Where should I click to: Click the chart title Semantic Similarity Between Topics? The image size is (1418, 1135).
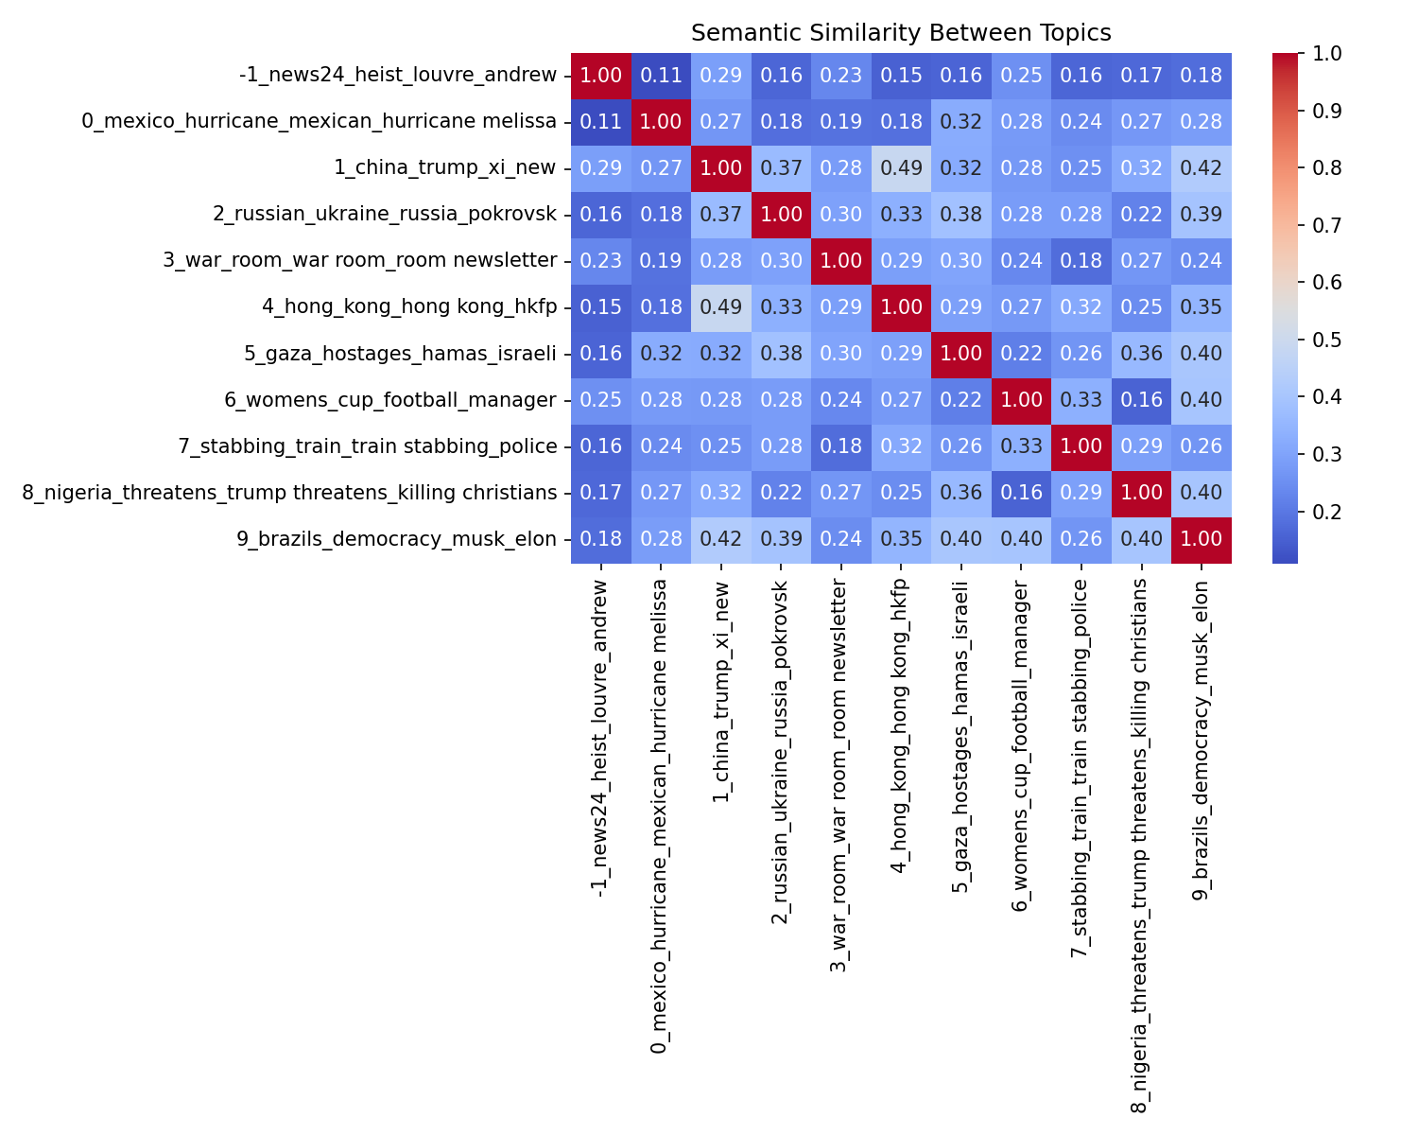[900, 33]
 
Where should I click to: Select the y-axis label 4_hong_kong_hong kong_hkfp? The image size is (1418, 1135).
[409, 307]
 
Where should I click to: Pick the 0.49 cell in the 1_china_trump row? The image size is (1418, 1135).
[901, 168]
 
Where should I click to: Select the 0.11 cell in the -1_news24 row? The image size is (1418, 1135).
[661, 76]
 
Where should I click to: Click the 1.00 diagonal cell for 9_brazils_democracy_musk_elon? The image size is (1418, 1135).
[1201, 539]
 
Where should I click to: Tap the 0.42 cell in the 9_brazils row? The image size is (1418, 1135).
[721, 539]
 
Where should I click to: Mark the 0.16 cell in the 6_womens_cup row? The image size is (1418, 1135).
[1141, 400]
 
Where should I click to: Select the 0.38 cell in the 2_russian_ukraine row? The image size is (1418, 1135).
[960, 215]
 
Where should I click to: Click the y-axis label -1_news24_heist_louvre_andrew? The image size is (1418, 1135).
[398, 76]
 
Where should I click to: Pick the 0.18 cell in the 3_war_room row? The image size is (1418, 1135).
[1081, 261]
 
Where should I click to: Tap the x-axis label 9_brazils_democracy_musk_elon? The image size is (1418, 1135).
[1201, 740]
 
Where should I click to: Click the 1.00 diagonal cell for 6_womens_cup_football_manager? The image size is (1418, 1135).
[1021, 400]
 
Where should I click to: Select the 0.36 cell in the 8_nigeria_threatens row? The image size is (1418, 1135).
[960, 493]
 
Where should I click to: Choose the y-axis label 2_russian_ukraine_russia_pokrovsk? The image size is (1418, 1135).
[385, 215]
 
